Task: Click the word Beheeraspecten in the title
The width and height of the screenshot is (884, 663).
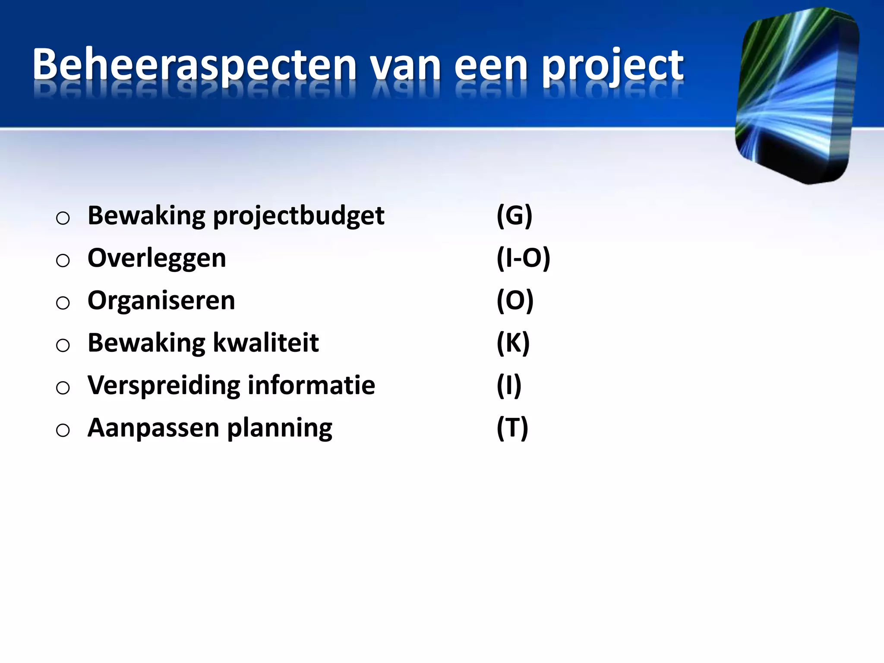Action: click(194, 65)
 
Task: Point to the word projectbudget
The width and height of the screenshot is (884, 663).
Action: click(299, 216)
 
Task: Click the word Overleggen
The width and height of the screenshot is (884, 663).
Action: click(157, 258)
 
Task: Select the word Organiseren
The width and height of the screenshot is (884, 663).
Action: click(161, 300)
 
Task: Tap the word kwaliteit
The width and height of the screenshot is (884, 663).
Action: click(266, 343)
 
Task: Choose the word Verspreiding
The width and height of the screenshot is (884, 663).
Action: click(164, 385)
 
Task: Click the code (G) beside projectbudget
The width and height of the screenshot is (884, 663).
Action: click(514, 215)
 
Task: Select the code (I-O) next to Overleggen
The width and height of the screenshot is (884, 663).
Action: click(523, 258)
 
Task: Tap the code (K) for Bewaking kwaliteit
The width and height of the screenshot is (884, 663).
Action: click(513, 343)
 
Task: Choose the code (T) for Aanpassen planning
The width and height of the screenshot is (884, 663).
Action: click(512, 428)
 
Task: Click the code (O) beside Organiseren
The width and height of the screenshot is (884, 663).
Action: click(515, 300)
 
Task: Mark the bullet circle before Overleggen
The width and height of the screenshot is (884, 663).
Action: click(63, 260)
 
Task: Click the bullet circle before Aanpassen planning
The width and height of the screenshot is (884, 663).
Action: click(63, 430)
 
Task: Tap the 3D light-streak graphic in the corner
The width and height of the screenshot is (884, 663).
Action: click(797, 95)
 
